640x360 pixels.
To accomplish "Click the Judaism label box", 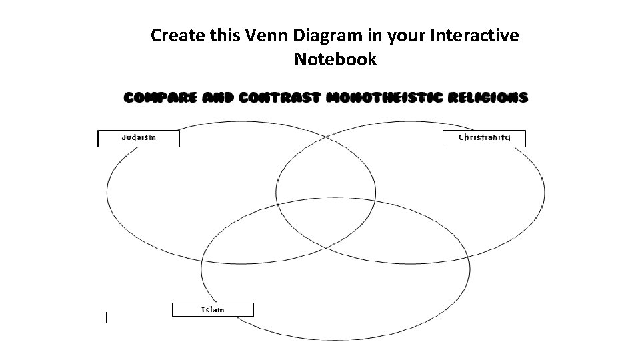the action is point(139,138).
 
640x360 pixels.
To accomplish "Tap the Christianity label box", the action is point(484,138).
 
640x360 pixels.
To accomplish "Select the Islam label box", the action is point(213,309).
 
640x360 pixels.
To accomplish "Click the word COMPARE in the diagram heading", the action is point(160,97).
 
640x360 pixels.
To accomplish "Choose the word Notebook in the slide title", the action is point(335,59).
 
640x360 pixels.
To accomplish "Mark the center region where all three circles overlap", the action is point(326,223).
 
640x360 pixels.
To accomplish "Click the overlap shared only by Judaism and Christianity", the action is point(326,167).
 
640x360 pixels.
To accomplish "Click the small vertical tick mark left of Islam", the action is point(106,317).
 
